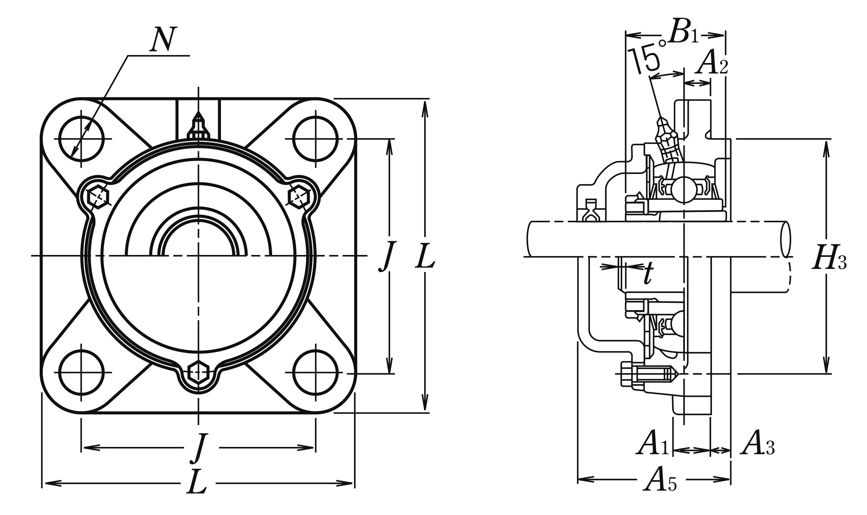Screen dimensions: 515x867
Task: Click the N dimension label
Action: pos(163,39)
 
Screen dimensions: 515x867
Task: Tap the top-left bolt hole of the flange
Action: pos(81,139)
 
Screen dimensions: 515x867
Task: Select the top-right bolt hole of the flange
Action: pos(315,139)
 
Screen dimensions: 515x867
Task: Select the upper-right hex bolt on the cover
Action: pos(299,196)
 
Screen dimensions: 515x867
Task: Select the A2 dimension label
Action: pos(711,62)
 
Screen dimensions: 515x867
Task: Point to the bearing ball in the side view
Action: pos(683,189)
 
